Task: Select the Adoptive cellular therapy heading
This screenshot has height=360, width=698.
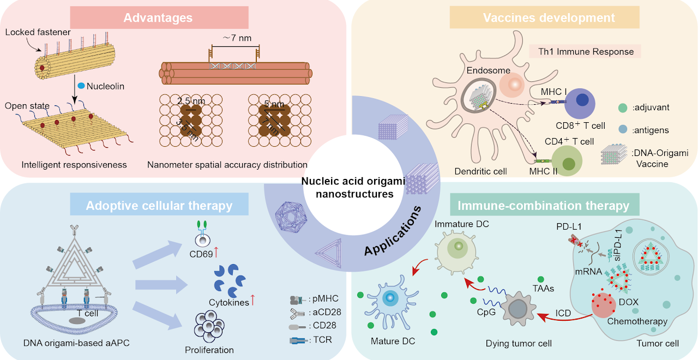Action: [159, 206]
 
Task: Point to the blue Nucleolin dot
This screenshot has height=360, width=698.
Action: [81, 86]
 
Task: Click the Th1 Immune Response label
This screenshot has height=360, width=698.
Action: [585, 52]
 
